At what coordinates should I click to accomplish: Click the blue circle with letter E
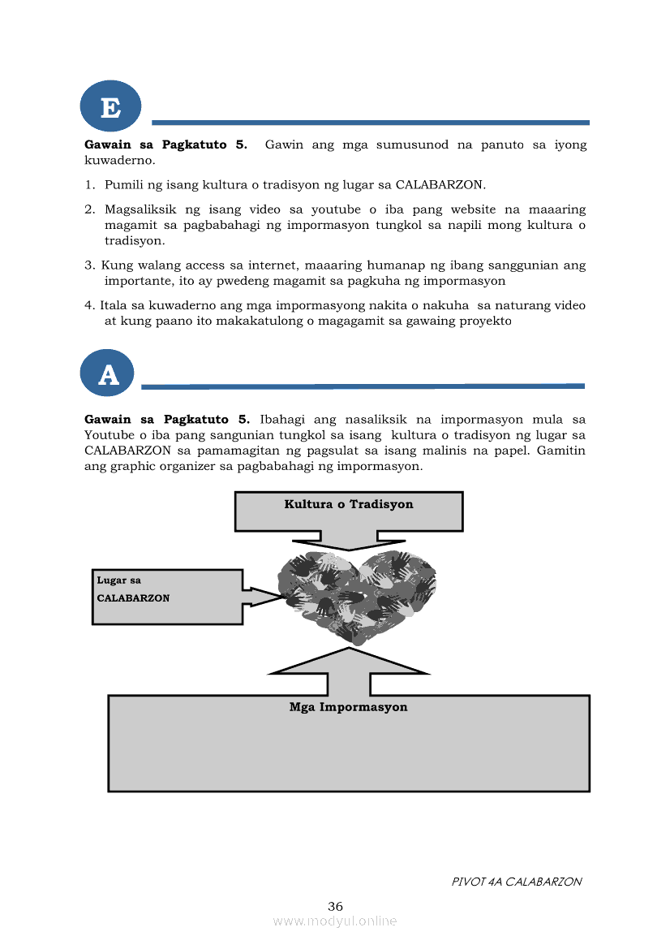[110, 106]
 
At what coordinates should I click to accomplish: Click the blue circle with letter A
[108, 373]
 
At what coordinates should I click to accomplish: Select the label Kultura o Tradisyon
[349, 504]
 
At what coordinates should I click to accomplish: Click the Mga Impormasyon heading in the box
[348, 707]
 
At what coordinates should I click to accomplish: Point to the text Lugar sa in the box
[118, 580]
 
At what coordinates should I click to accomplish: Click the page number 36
[335, 906]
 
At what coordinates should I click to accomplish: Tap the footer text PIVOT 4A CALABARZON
[516, 882]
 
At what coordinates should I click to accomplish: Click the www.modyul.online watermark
[335, 921]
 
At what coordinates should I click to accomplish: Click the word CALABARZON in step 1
[439, 185]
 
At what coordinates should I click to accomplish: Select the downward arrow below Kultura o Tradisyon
[349, 541]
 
